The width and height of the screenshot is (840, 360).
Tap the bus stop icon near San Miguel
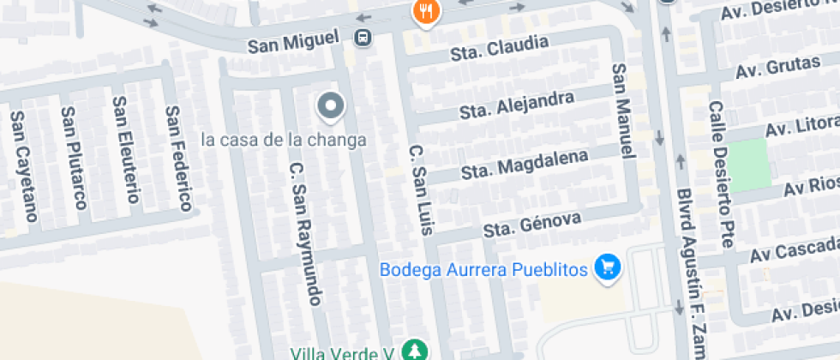(363, 38)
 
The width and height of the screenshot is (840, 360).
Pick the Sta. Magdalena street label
(525, 165)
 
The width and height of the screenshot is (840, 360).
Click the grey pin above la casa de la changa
(330, 107)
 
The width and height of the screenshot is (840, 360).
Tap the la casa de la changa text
(284, 140)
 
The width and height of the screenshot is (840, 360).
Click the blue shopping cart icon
(609, 267)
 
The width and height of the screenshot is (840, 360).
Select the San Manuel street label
(623, 111)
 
